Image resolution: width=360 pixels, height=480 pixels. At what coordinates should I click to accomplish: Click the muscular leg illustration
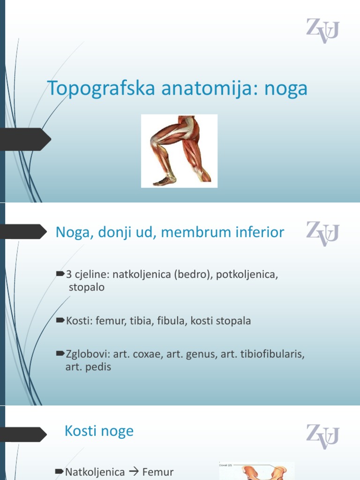[x=180, y=151]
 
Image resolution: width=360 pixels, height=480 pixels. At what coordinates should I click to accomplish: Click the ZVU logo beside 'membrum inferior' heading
[x=322, y=233]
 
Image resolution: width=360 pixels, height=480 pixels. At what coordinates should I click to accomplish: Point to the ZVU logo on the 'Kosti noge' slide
[x=322, y=435]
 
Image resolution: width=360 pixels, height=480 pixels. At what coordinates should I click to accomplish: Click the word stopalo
[x=87, y=287]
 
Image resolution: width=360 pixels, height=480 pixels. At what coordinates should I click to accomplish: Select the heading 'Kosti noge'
[x=99, y=431]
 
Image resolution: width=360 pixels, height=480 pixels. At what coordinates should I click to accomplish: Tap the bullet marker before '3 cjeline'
[x=60, y=273]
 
